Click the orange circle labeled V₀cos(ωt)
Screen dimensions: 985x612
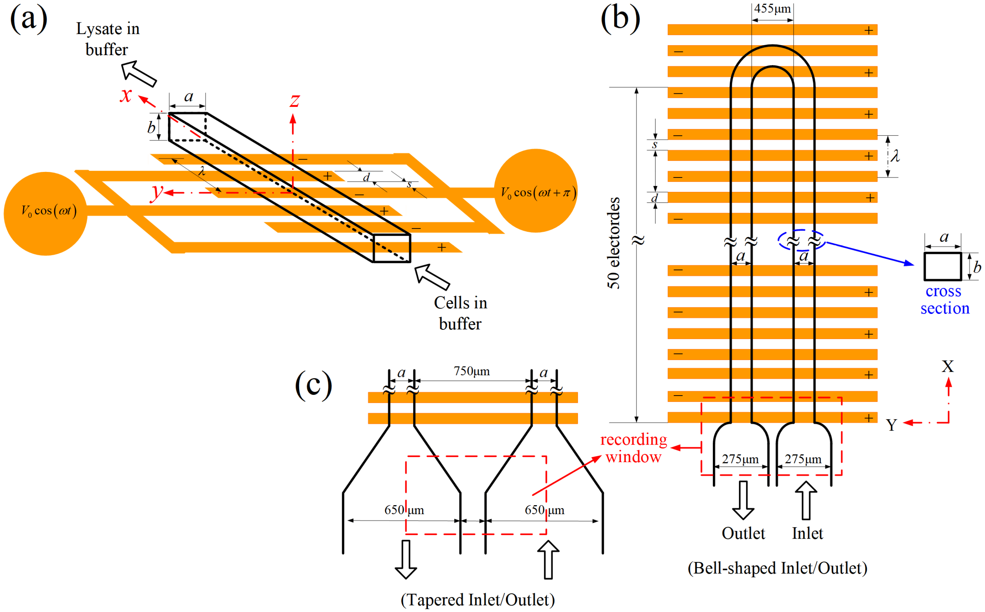click(46, 214)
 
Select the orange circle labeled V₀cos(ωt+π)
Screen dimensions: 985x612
click(536, 191)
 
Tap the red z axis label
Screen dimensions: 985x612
click(295, 100)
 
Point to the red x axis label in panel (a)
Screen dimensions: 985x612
click(126, 95)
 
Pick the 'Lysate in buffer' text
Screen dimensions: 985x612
click(108, 39)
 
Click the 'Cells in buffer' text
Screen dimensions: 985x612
click(460, 313)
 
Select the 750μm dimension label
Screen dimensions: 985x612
click(471, 371)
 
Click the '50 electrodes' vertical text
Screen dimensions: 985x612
click(614, 243)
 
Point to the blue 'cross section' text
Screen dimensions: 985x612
click(945, 299)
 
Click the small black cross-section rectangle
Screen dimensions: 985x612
click(943, 266)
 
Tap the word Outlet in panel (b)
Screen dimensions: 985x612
click(743, 533)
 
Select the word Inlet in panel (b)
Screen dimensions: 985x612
click(807, 533)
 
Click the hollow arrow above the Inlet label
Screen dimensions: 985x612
click(806, 500)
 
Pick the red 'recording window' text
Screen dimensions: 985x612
click(634, 448)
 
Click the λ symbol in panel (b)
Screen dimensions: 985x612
click(895, 156)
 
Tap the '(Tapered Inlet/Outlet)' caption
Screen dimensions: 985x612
click(478, 600)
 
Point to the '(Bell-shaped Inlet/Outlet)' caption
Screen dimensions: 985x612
click(777, 568)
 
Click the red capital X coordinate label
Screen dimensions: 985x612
click(948, 366)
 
